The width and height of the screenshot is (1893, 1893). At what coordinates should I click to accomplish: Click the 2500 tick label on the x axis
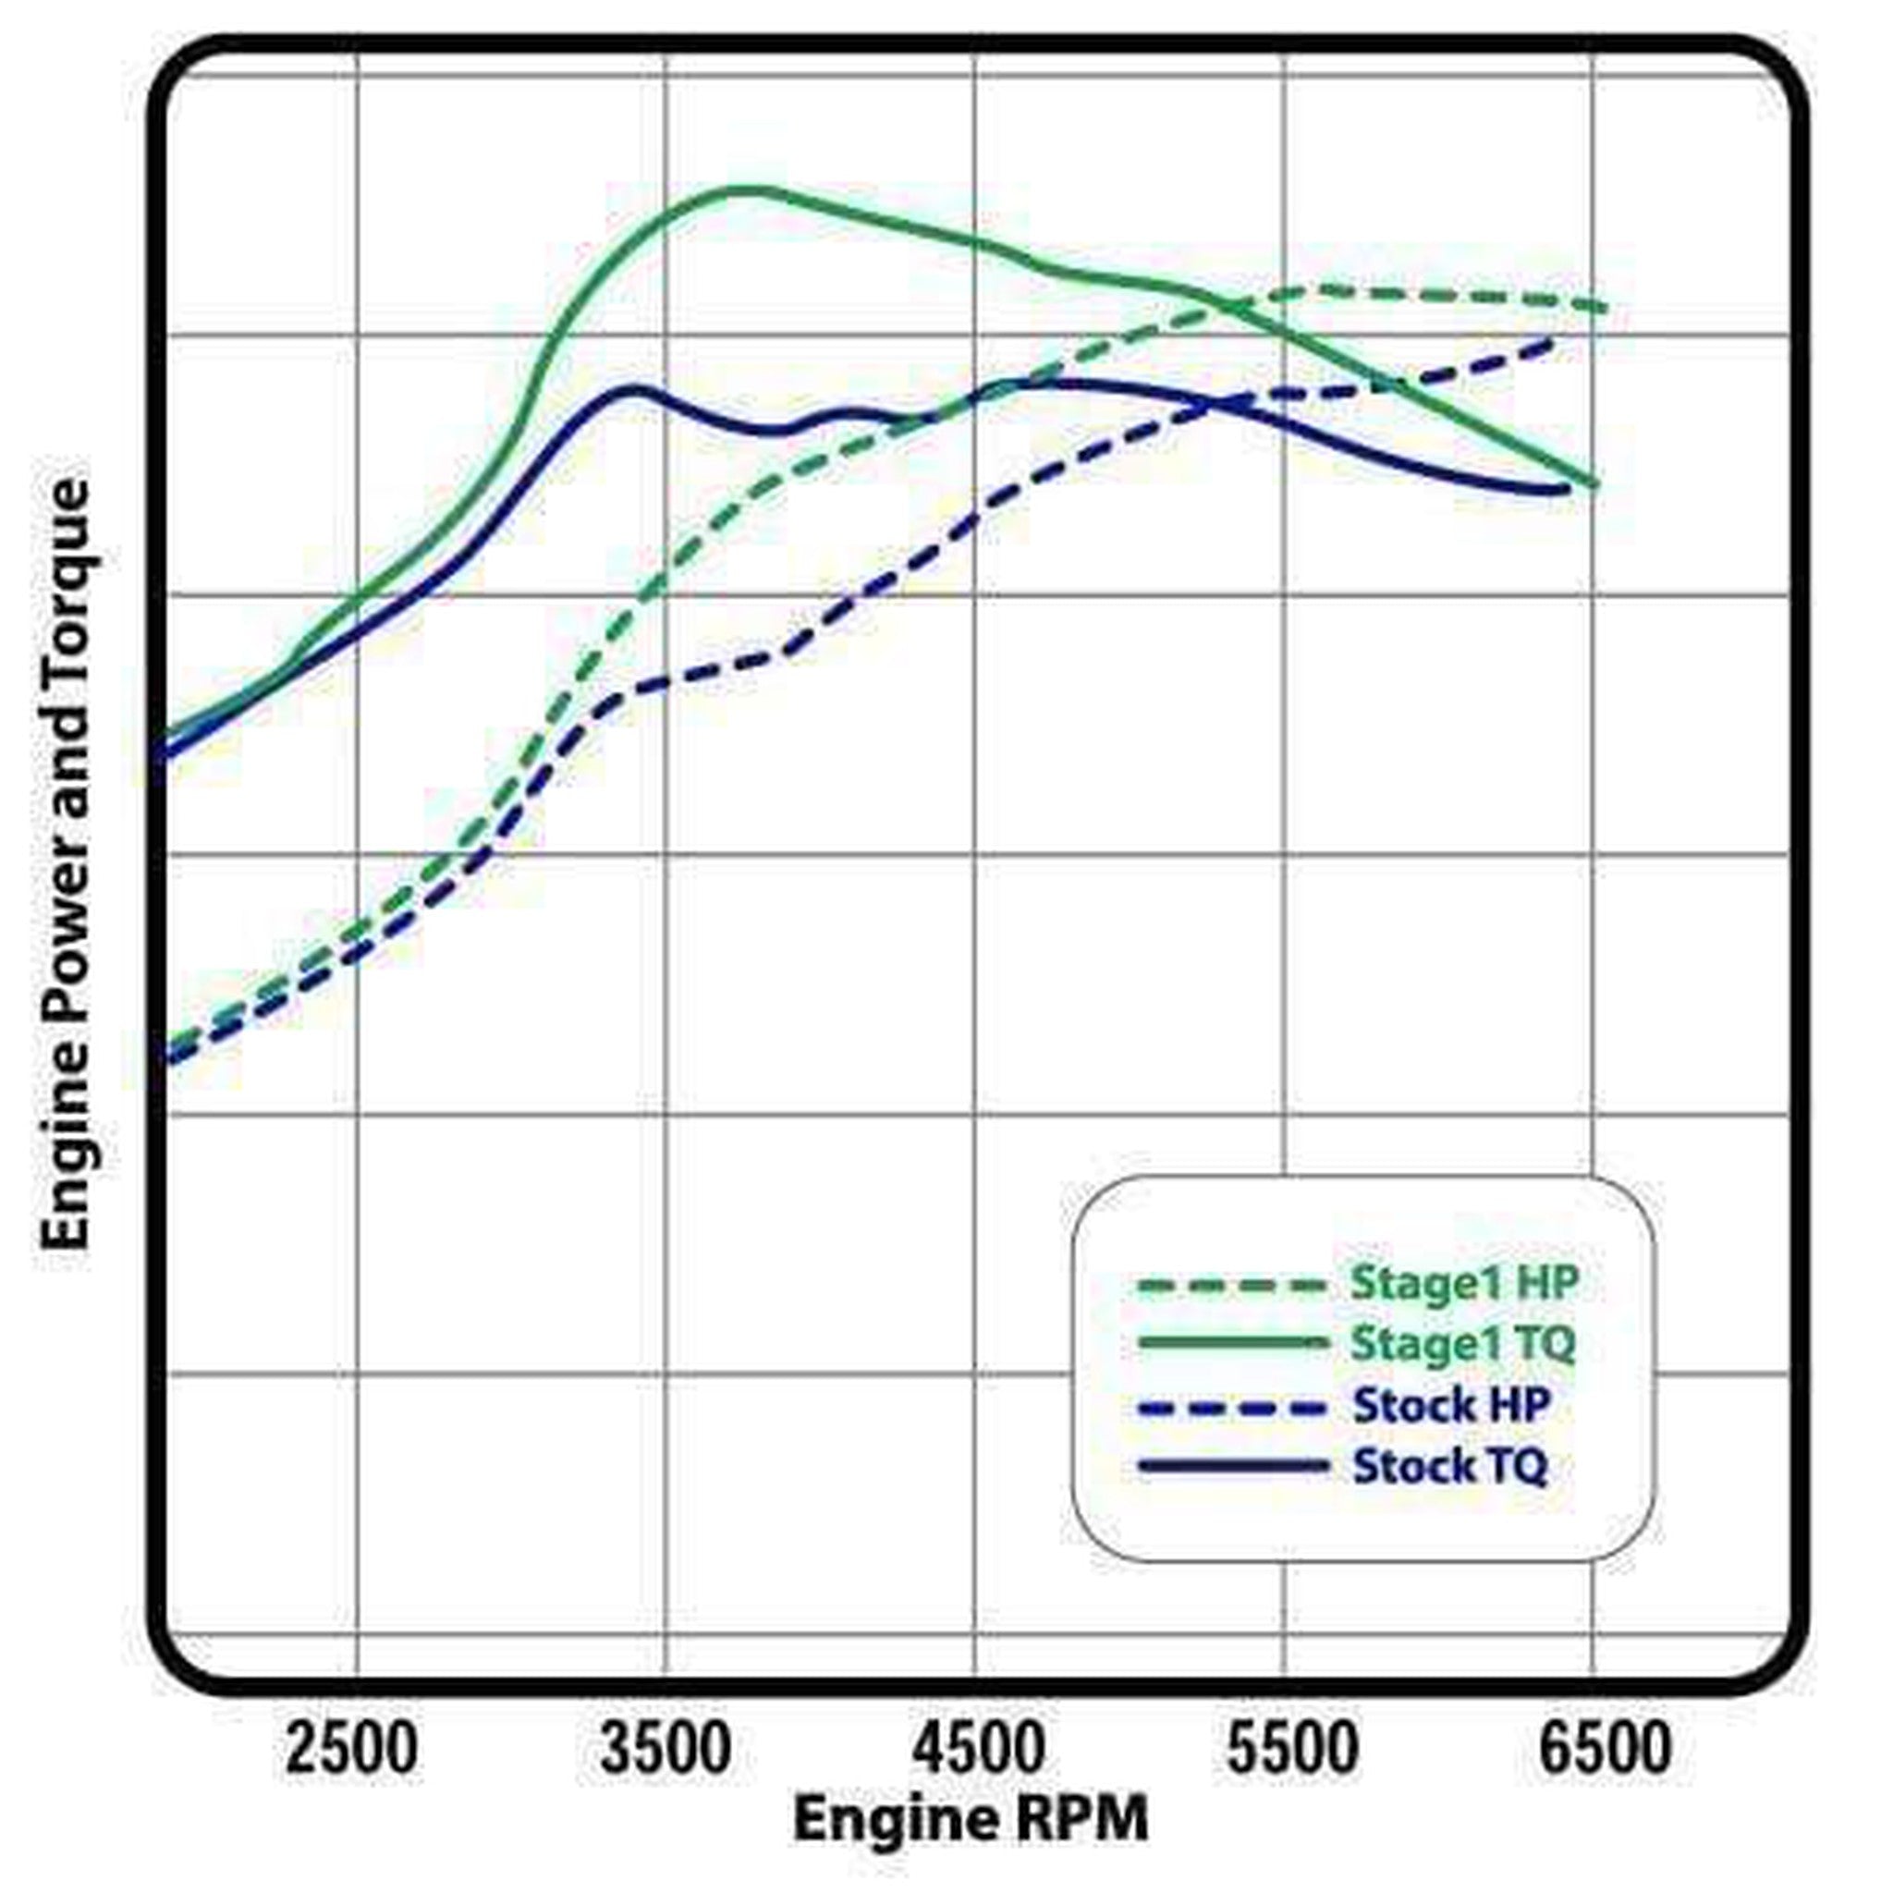coord(350,1748)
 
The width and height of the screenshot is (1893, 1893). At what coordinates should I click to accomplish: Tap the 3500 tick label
coord(666,1748)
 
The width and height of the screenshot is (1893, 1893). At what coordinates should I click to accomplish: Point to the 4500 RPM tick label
coord(979,1748)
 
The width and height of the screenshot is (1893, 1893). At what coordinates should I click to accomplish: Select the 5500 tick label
coord(1292,1748)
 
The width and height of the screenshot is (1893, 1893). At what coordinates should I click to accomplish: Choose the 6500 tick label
coord(1605,1748)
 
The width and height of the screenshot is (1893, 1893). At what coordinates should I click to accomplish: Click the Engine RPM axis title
coord(970,1818)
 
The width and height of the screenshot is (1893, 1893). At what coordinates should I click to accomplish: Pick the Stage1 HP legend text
coord(1465,1283)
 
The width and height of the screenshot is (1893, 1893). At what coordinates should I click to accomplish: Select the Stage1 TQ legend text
coord(1463,1343)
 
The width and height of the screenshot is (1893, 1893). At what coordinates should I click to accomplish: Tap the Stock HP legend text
coord(1451,1406)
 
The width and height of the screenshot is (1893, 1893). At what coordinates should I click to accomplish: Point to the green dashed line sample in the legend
coord(1234,1285)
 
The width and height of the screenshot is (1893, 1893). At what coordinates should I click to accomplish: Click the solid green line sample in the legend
coord(1234,1343)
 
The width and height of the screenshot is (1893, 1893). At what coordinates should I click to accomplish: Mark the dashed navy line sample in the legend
coord(1234,1408)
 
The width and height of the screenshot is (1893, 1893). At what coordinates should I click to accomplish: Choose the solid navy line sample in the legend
coord(1234,1467)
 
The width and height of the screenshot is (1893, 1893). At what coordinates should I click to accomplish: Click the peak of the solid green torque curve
coord(750,190)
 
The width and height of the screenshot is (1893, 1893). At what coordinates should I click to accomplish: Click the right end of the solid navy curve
coord(1566,488)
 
